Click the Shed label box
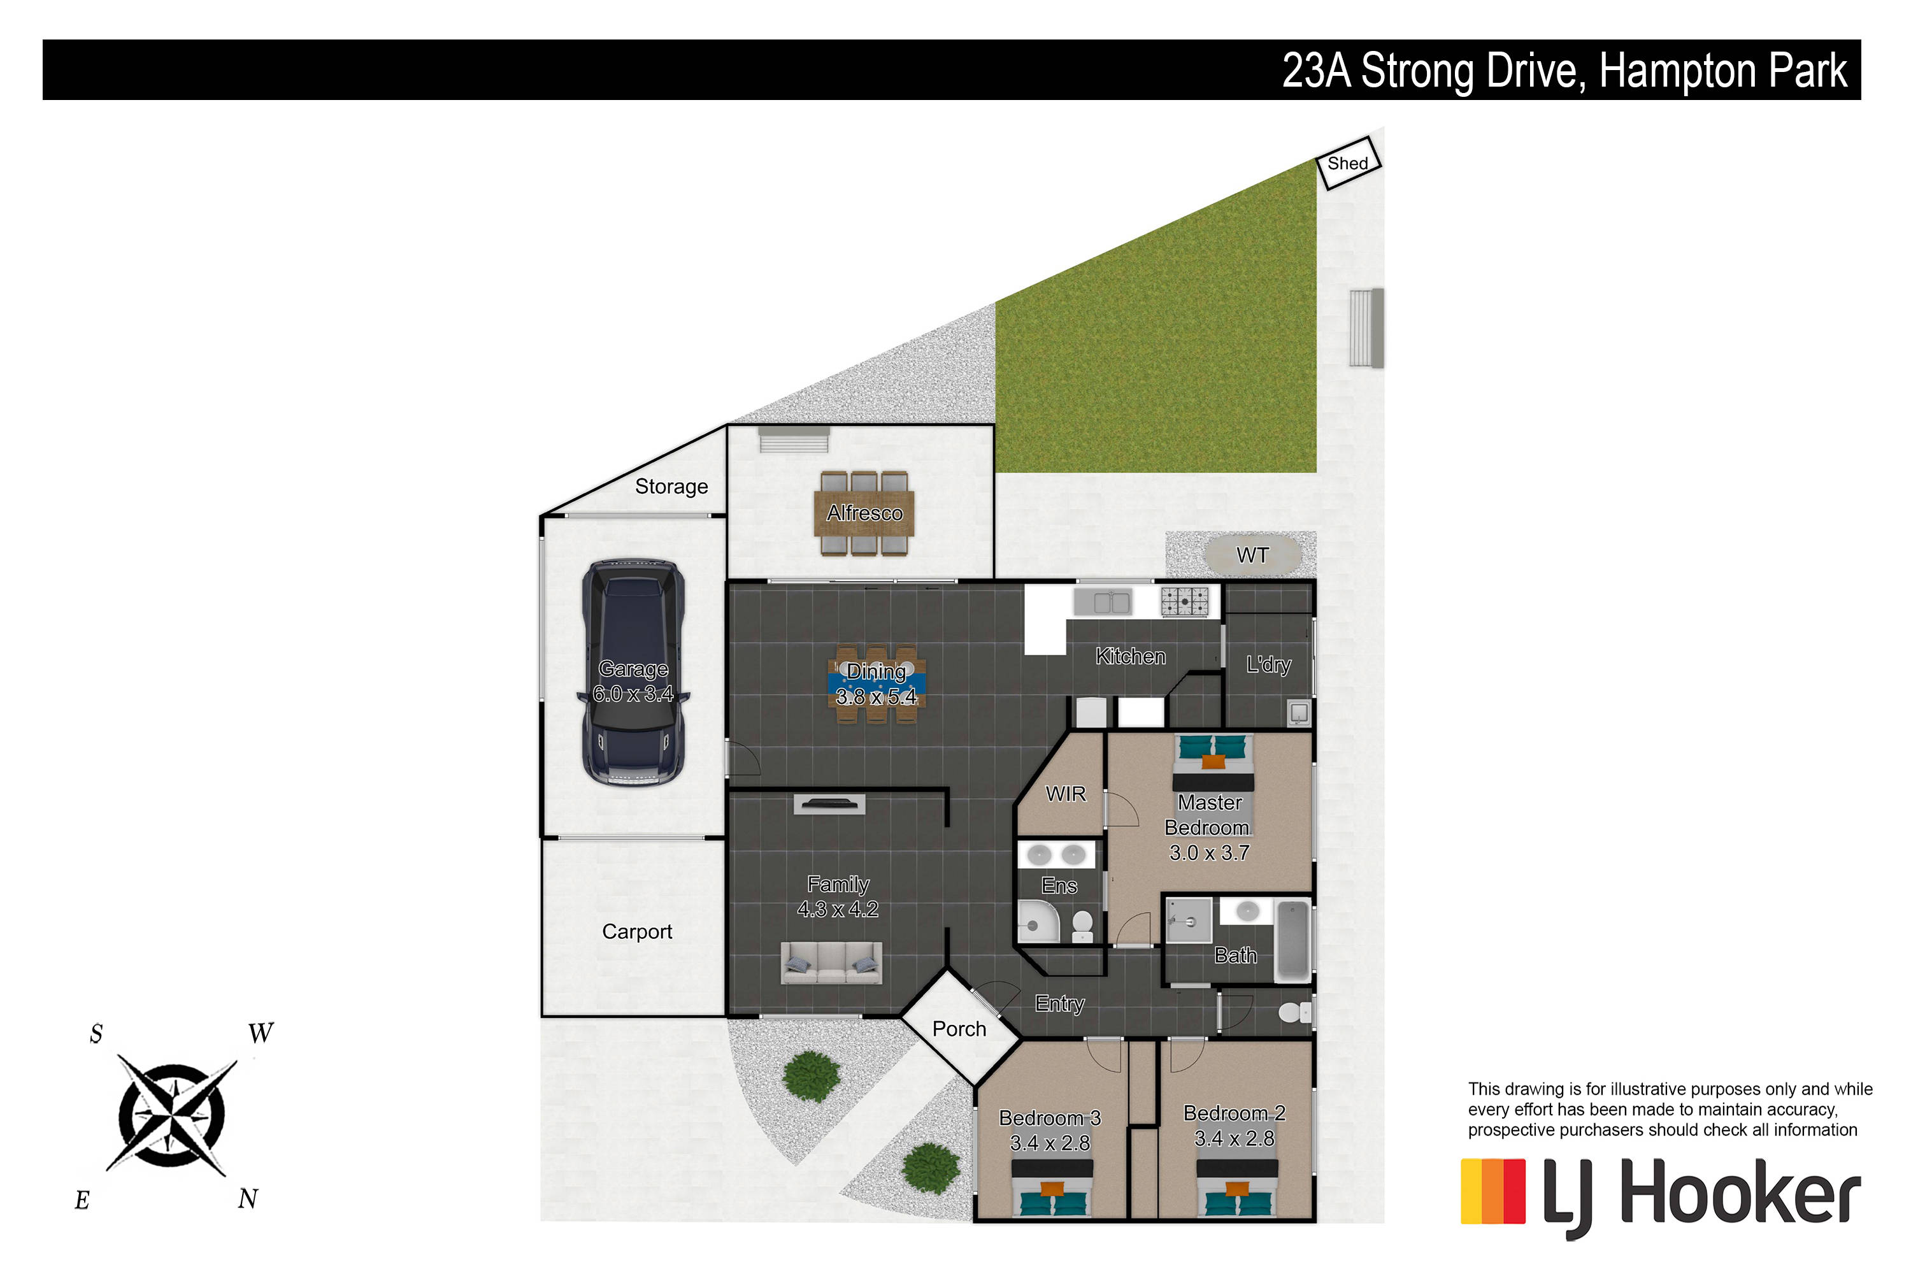coord(1348,163)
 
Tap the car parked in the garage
coord(633,673)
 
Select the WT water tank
coord(1252,555)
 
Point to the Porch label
coord(959,1029)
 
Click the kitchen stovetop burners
coord(1185,601)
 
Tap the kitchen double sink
coord(1103,602)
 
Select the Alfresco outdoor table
coord(864,513)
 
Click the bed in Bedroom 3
coord(1052,1188)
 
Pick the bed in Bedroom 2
coord(1236,1188)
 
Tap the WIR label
coord(1065,794)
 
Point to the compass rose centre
coord(171,1115)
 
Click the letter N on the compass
coord(248,1198)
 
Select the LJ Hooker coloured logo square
coord(1492,1191)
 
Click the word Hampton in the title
coord(1678,71)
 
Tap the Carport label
coord(637,931)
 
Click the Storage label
coord(671,487)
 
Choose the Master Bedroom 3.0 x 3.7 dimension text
coord(1209,853)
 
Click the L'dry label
coord(1268,664)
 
